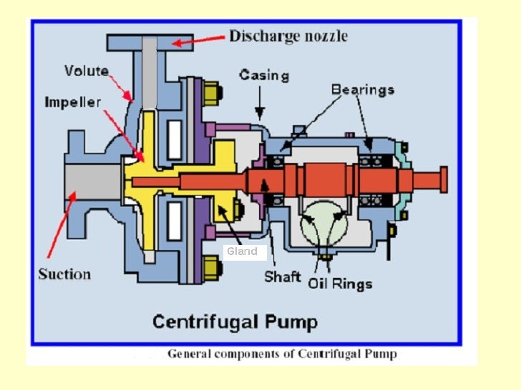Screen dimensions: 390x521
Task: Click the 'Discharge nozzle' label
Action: [288, 36]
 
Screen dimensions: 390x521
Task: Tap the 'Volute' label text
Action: [87, 71]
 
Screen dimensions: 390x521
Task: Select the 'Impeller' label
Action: [73, 101]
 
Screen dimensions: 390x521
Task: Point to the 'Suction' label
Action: [64, 274]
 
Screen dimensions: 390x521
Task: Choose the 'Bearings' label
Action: [363, 90]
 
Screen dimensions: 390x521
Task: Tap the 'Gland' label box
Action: [243, 251]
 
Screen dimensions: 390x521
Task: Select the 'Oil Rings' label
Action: [341, 284]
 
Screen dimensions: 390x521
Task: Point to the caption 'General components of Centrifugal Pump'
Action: [281, 354]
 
